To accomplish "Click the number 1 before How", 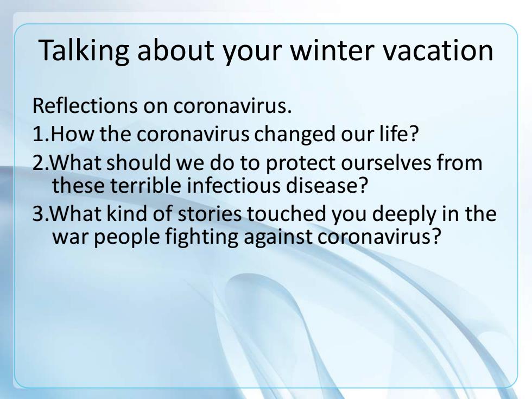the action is click(x=38, y=134).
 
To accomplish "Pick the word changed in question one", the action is click(x=294, y=135).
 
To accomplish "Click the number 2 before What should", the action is click(x=39, y=162).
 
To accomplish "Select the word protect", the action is click(x=300, y=163).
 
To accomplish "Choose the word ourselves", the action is click(x=386, y=162).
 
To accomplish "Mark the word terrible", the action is click(x=145, y=185).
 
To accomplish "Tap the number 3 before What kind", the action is click(x=39, y=213).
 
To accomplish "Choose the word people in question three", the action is click(x=126, y=237).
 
